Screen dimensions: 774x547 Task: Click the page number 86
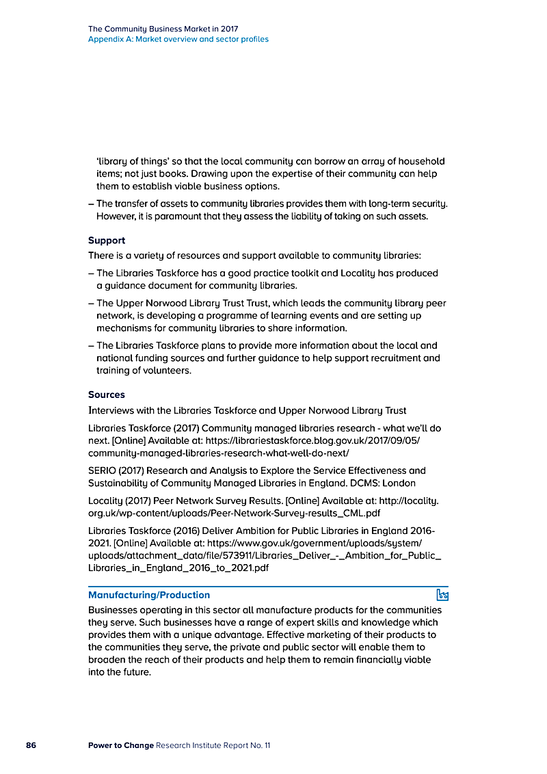coord(31,745)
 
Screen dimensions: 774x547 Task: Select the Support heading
coord(107,241)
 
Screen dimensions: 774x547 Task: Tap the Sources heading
coord(107,395)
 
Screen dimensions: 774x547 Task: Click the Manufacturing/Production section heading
coord(149,595)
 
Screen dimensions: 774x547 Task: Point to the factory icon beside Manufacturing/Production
coord(442,595)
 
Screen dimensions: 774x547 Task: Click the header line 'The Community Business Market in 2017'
coord(163,29)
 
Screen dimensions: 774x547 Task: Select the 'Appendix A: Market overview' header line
coord(178,39)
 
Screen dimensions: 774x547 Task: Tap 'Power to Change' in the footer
coord(120,745)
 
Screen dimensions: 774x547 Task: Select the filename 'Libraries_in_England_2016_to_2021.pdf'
coord(178,568)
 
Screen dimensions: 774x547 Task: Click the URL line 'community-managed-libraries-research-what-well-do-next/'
coord(219,453)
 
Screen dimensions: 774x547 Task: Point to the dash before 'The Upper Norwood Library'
coord(91,304)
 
